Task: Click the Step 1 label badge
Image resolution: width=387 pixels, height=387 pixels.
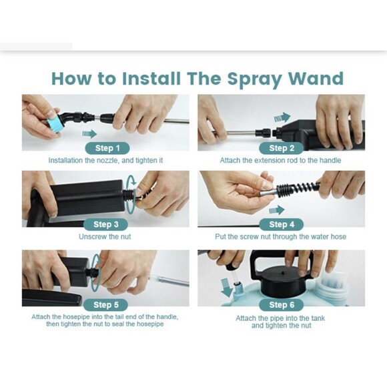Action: tap(105, 148)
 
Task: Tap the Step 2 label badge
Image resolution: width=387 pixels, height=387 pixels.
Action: tap(282, 148)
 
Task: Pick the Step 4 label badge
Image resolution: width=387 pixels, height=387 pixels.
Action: tap(282, 225)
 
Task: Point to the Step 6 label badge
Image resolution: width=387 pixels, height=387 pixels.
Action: tap(282, 305)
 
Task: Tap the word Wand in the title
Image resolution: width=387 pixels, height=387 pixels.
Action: tap(316, 78)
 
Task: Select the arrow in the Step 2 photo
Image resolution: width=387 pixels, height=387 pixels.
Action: tap(282, 117)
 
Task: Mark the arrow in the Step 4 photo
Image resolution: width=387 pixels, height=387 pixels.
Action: tap(276, 210)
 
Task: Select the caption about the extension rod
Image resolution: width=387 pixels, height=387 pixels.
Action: tap(280, 161)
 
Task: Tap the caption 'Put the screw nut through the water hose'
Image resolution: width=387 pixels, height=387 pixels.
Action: tap(281, 237)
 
